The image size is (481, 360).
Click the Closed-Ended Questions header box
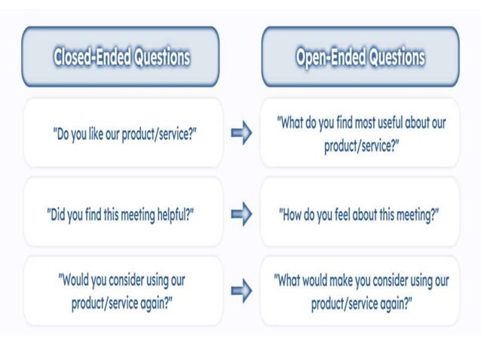pyautogui.click(x=121, y=56)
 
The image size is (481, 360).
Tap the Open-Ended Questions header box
pyautogui.click(x=360, y=56)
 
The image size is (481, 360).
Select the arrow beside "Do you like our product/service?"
pyautogui.click(x=240, y=133)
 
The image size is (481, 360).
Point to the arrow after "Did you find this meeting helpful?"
pyautogui.click(x=240, y=215)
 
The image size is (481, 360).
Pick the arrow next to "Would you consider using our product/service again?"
pyautogui.click(x=240, y=291)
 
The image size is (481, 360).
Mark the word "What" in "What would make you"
pyautogui.click(x=290, y=281)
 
